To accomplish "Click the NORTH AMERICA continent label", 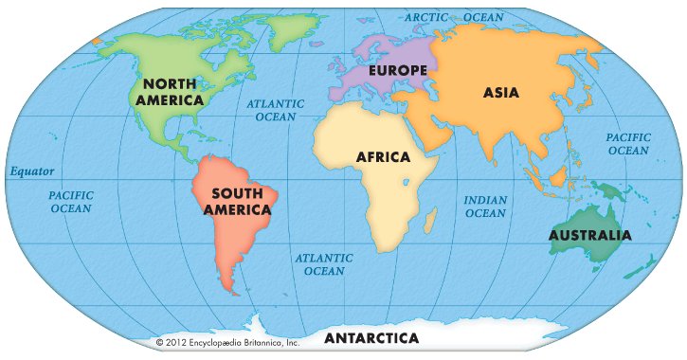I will point(170,91).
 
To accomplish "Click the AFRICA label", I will point(383,156).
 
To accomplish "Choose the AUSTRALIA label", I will point(589,235).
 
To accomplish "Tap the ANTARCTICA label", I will point(371,337).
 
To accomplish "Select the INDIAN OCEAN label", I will point(485,207).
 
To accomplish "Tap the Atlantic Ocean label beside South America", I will point(324,264).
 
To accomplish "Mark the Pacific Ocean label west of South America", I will point(71,201).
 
